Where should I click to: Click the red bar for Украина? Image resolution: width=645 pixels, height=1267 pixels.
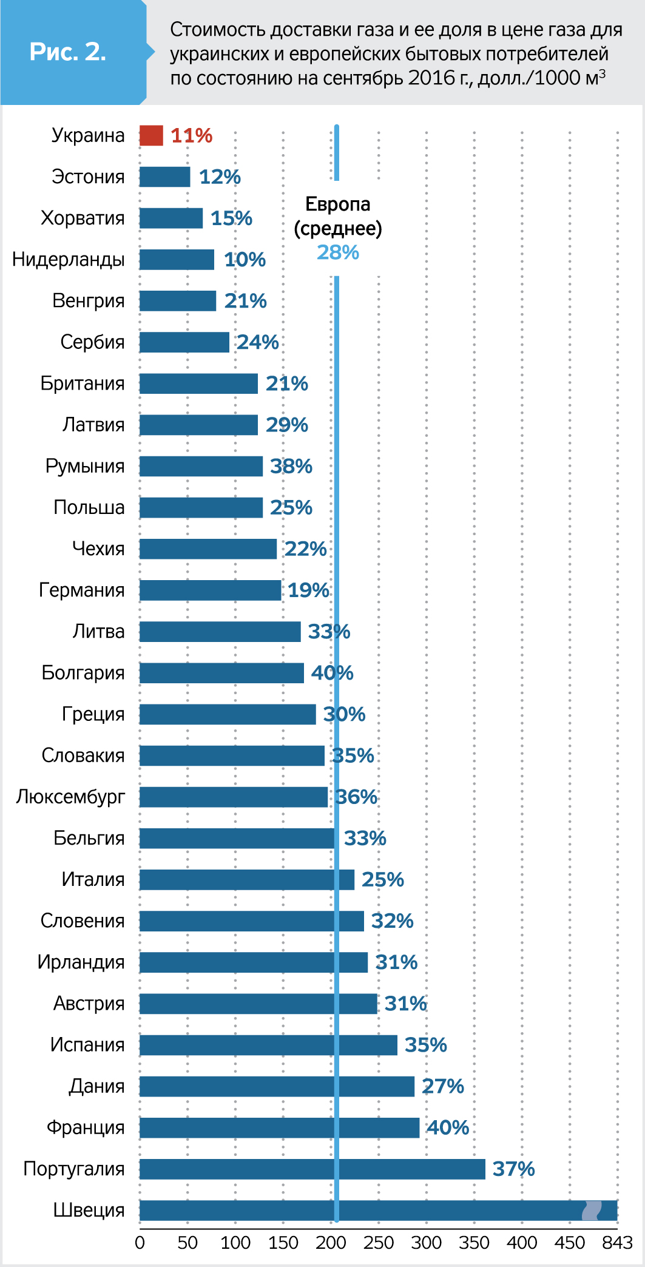[x=151, y=135]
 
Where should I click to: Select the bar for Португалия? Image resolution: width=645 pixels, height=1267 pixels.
[x=312, y=1169]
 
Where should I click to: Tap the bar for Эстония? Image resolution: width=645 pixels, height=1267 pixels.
[x=164, y=177]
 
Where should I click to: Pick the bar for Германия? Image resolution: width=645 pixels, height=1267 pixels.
[x=210, y=590]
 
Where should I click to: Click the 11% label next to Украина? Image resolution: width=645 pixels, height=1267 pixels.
[x=192, y=135]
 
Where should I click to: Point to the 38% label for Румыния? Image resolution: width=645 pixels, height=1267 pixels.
[x=291, y=466]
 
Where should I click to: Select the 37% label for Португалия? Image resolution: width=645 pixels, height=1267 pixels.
[x=513, y=1169]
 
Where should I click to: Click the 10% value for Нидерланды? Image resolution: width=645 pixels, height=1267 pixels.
[x=245, y=260]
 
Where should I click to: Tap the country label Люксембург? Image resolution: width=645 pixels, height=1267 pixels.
[x=70, y=797]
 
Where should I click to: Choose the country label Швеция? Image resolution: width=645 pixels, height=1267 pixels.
[x=89, y=1210]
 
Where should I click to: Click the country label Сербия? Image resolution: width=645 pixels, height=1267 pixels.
[x=92, y=342]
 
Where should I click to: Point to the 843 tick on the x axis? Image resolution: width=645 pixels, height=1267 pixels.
[x=617, y=1243]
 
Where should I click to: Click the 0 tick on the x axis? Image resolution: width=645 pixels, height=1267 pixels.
[x=140, y=1243]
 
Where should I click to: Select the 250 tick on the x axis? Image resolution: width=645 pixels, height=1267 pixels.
[x=378, y=1243]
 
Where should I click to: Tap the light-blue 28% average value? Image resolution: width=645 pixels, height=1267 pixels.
[x=338, y=252]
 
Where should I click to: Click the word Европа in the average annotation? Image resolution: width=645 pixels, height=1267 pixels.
[x=338, y=204]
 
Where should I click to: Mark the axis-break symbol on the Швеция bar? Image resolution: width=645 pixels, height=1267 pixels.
[x=592, y=1210]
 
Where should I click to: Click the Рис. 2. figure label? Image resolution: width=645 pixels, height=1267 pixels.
[x=68, y=52]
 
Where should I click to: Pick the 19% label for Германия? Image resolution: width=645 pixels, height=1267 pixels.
[x=308, y=590]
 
